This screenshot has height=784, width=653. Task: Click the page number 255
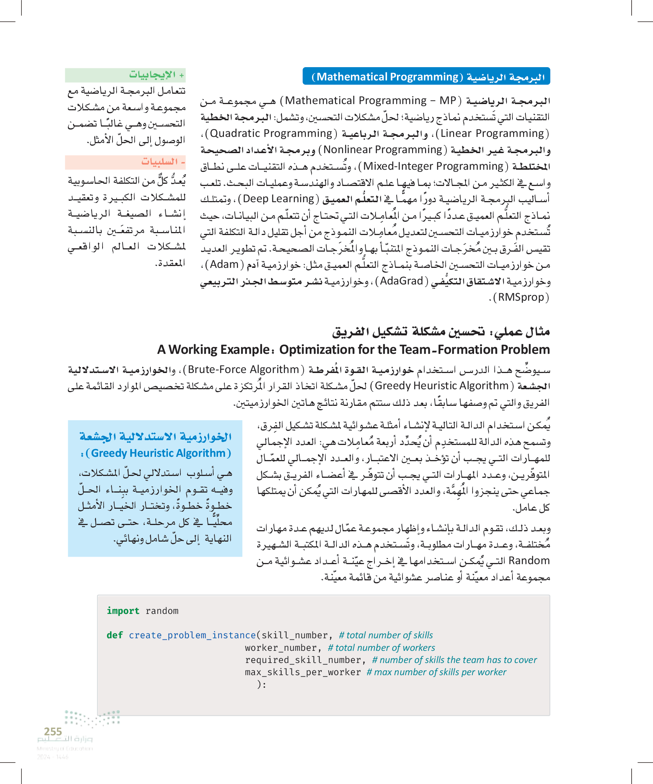53,731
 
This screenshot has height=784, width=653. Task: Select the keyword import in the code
123,611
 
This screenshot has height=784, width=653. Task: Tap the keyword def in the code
115,635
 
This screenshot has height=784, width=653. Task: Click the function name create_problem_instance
192,635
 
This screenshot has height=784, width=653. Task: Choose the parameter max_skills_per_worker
303,672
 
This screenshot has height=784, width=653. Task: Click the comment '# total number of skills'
386,635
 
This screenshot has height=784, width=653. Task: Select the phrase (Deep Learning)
279,198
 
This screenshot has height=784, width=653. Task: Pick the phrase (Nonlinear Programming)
383,149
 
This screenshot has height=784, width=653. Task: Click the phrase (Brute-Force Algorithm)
243,369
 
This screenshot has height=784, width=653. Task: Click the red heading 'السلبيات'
159,162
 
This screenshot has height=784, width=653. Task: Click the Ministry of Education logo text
65,739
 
